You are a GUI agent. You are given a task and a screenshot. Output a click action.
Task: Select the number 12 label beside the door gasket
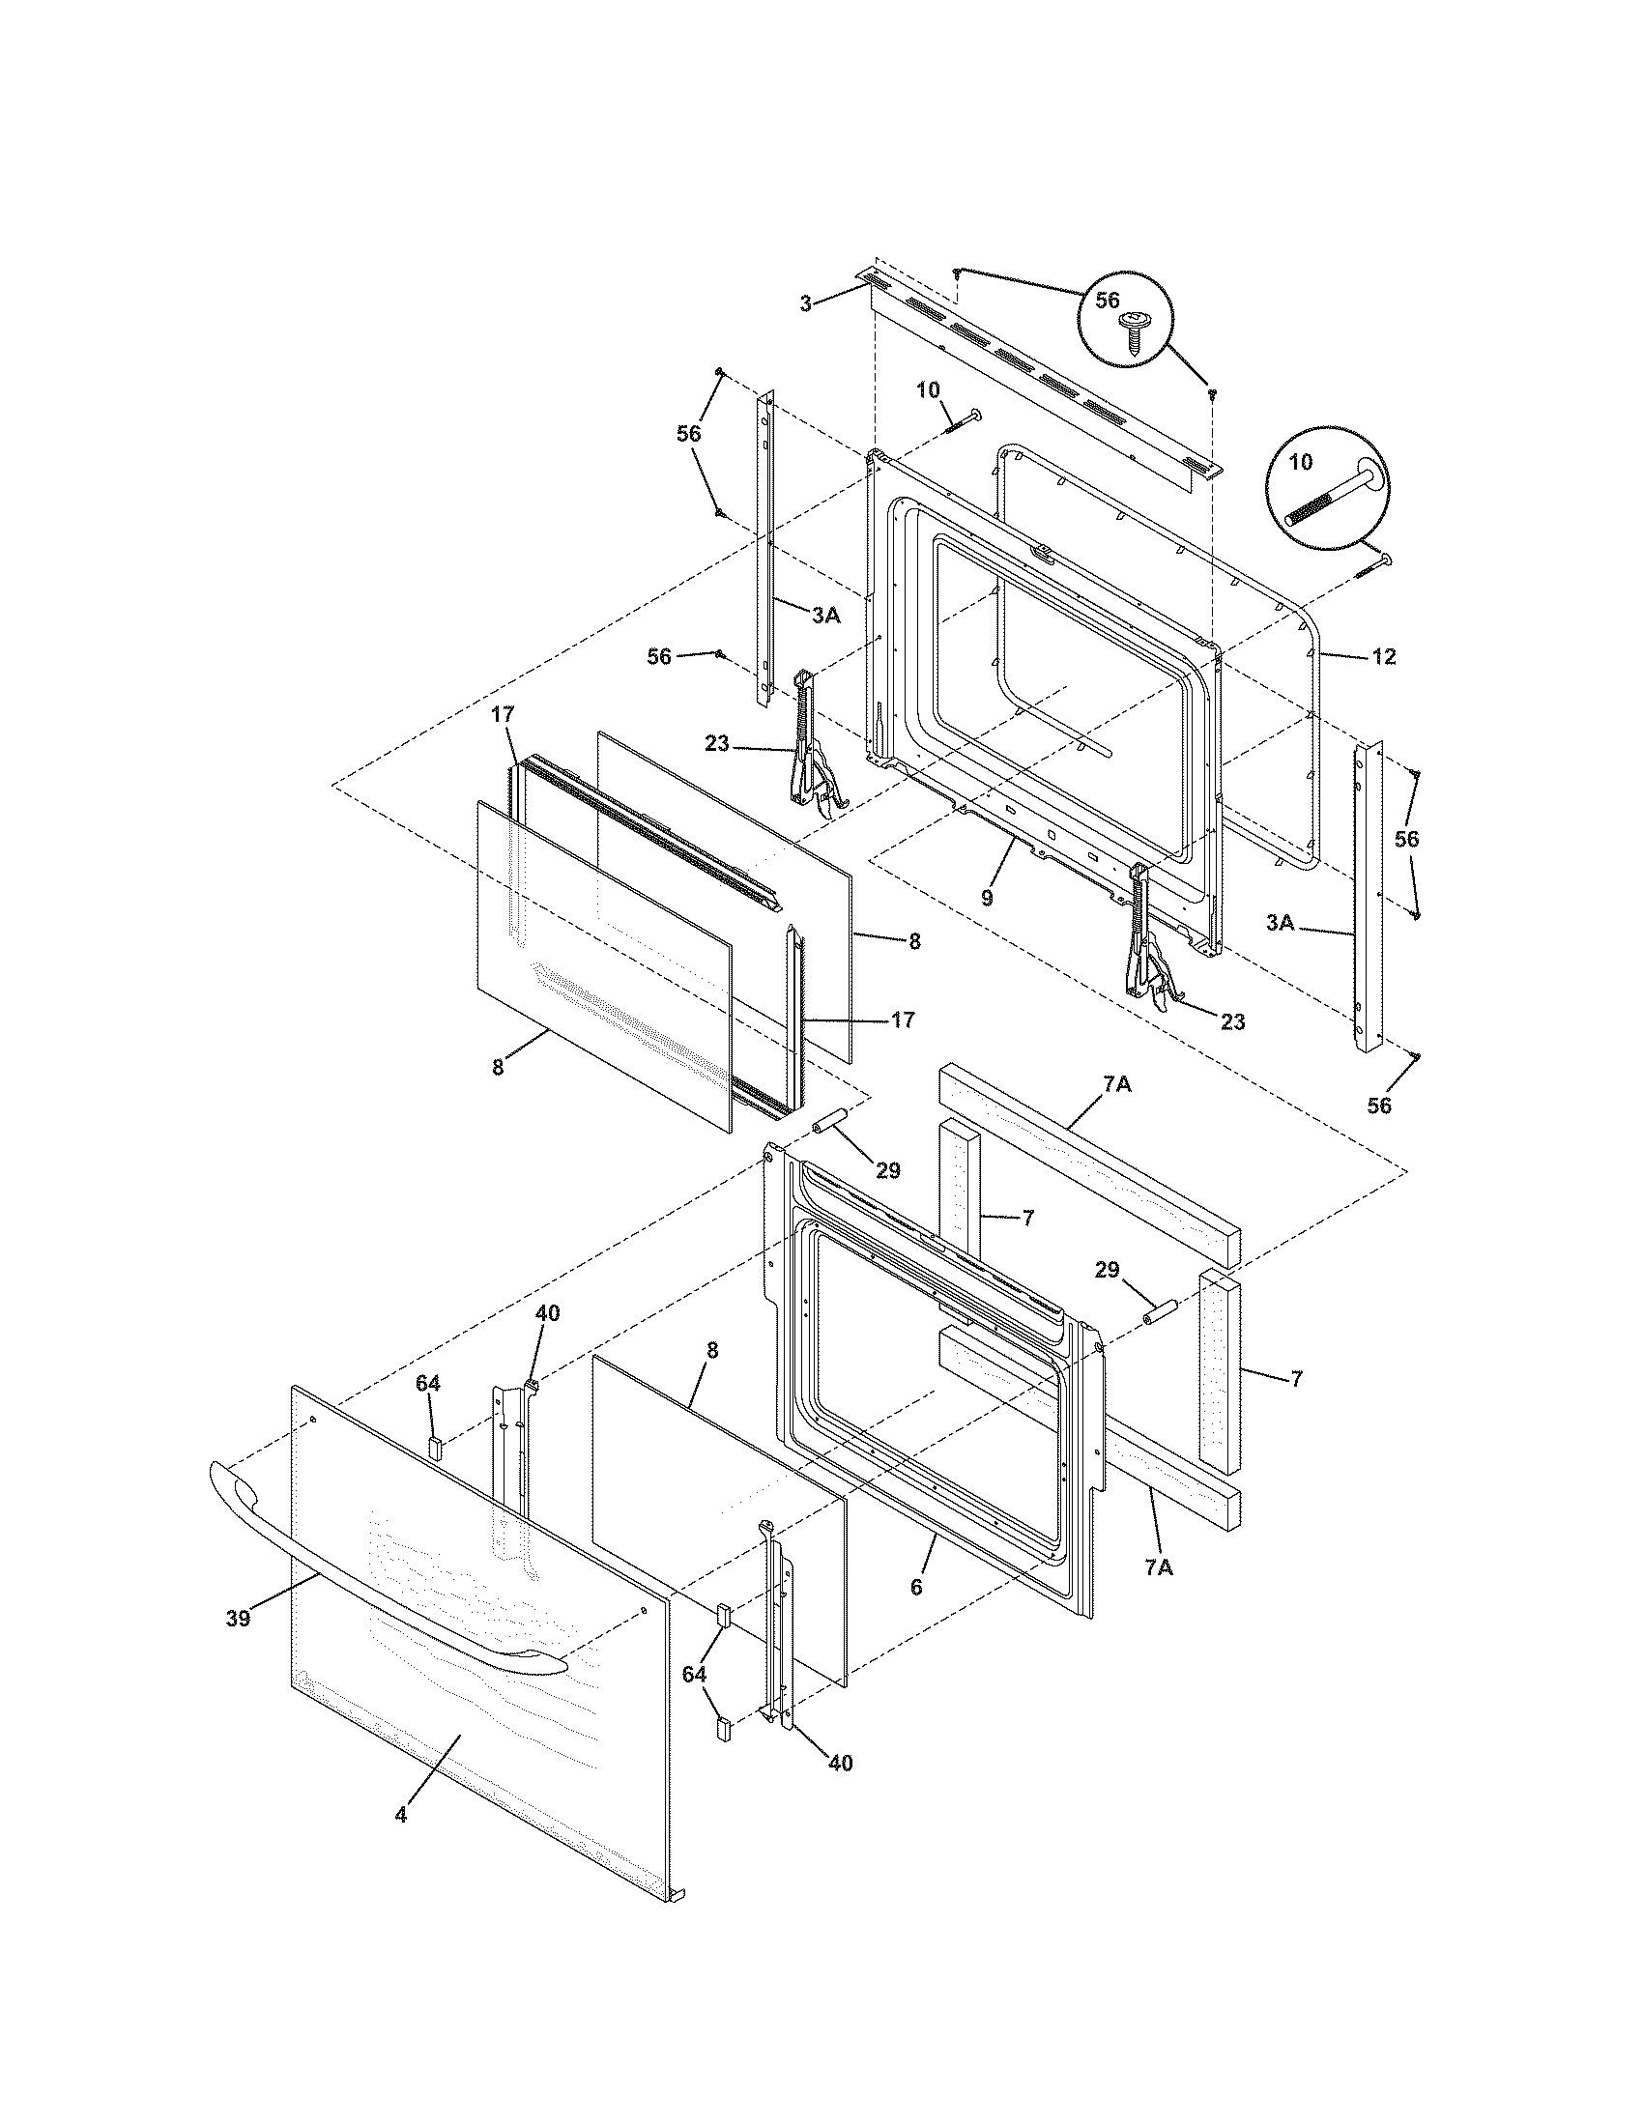tap(1384, 657)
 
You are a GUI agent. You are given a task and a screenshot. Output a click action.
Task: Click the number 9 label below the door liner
tap(987, 898)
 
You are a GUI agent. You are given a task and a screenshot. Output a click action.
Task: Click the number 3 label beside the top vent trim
tap(805, 304)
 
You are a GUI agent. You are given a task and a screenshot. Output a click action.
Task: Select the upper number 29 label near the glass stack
tap(887, 1170)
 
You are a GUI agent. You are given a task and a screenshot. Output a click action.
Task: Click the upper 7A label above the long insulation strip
tap(1116, 1084)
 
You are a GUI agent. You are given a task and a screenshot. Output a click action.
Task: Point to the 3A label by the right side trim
tap(1281, 923)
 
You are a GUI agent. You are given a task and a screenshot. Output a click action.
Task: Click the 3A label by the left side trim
tap(825, 615)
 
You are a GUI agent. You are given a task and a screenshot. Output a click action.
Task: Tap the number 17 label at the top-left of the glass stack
tap(502, 714)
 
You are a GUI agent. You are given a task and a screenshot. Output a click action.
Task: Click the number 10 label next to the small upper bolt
tap(928, 390)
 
